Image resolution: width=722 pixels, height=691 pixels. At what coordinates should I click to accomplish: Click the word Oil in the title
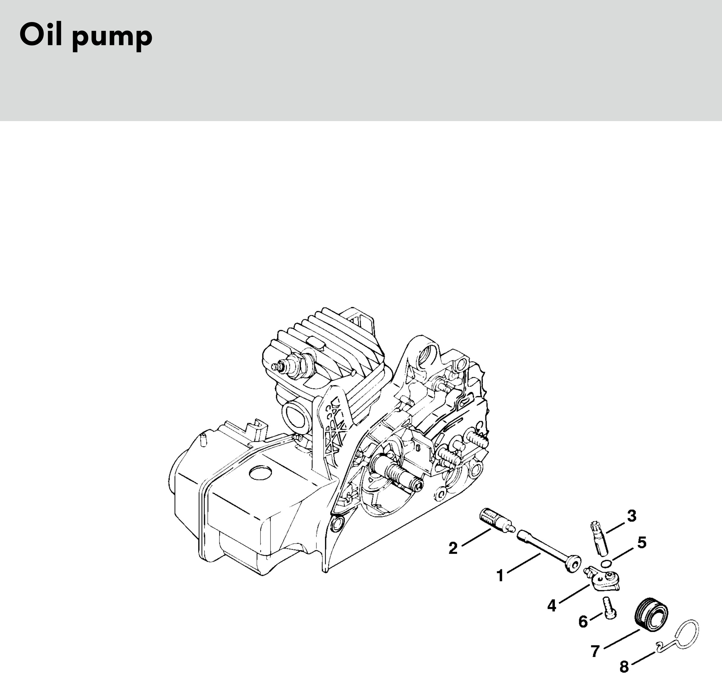pyautogui.click(x=41, y=35)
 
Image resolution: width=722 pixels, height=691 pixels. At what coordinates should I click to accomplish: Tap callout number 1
pyautogui.click(x=500, y=576)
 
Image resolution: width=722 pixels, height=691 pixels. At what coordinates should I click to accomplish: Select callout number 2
pyautogui.click(x=453, y=548)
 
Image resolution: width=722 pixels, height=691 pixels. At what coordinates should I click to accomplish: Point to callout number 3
pyautogui.click(x=632, y=516)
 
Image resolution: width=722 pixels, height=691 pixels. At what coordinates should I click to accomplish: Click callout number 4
pyautogui.click(x=551, y=606)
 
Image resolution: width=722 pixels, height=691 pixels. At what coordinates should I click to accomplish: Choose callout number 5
pyautogui.click(x=642, y=542)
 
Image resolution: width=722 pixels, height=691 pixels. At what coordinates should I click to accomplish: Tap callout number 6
pyautogui.click(x=583, y=622)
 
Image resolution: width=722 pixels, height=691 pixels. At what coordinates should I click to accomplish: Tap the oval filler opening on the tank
pyautogui.click(x=261, y=473)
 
